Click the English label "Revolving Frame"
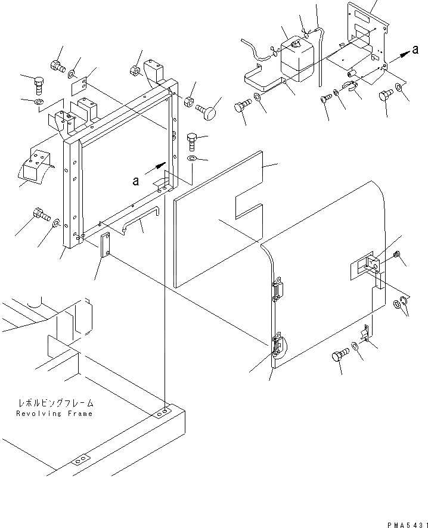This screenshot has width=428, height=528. (54, 413)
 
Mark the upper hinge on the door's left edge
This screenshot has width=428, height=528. (277, 292)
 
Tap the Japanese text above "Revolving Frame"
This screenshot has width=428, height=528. (55, 403)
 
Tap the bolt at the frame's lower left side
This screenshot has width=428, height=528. (41, 213)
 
